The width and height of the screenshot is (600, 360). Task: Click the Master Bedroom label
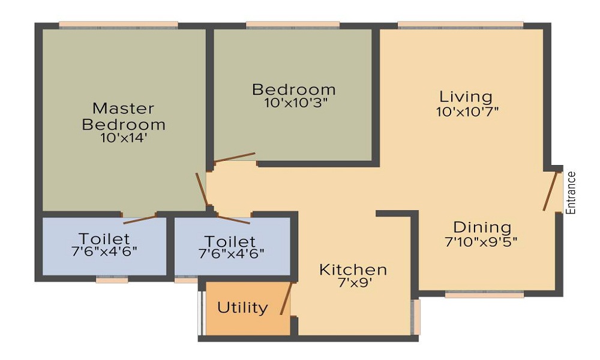(x=124, y=116)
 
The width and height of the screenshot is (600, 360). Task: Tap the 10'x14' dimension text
(x=124, y=137)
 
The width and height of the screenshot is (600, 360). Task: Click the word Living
(x=466, y=96)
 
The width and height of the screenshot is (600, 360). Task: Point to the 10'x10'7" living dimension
(x=467, y=111)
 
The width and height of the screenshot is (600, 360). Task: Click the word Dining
(x=482, y=227)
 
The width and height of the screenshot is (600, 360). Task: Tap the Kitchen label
(x=352, y=269)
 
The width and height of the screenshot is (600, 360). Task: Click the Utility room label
(x=242, y=308)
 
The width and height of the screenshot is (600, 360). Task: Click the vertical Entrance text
(x=571, y=193)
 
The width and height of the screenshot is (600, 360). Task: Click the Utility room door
(x=286, y=298)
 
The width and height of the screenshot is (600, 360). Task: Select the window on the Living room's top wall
(x=460, y=25)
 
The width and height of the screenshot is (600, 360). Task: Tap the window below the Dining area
(x=484, y=295)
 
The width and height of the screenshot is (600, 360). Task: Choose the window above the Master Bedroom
(x=118, y=25)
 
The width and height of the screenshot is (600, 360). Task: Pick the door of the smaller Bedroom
(x=235, y=157)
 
